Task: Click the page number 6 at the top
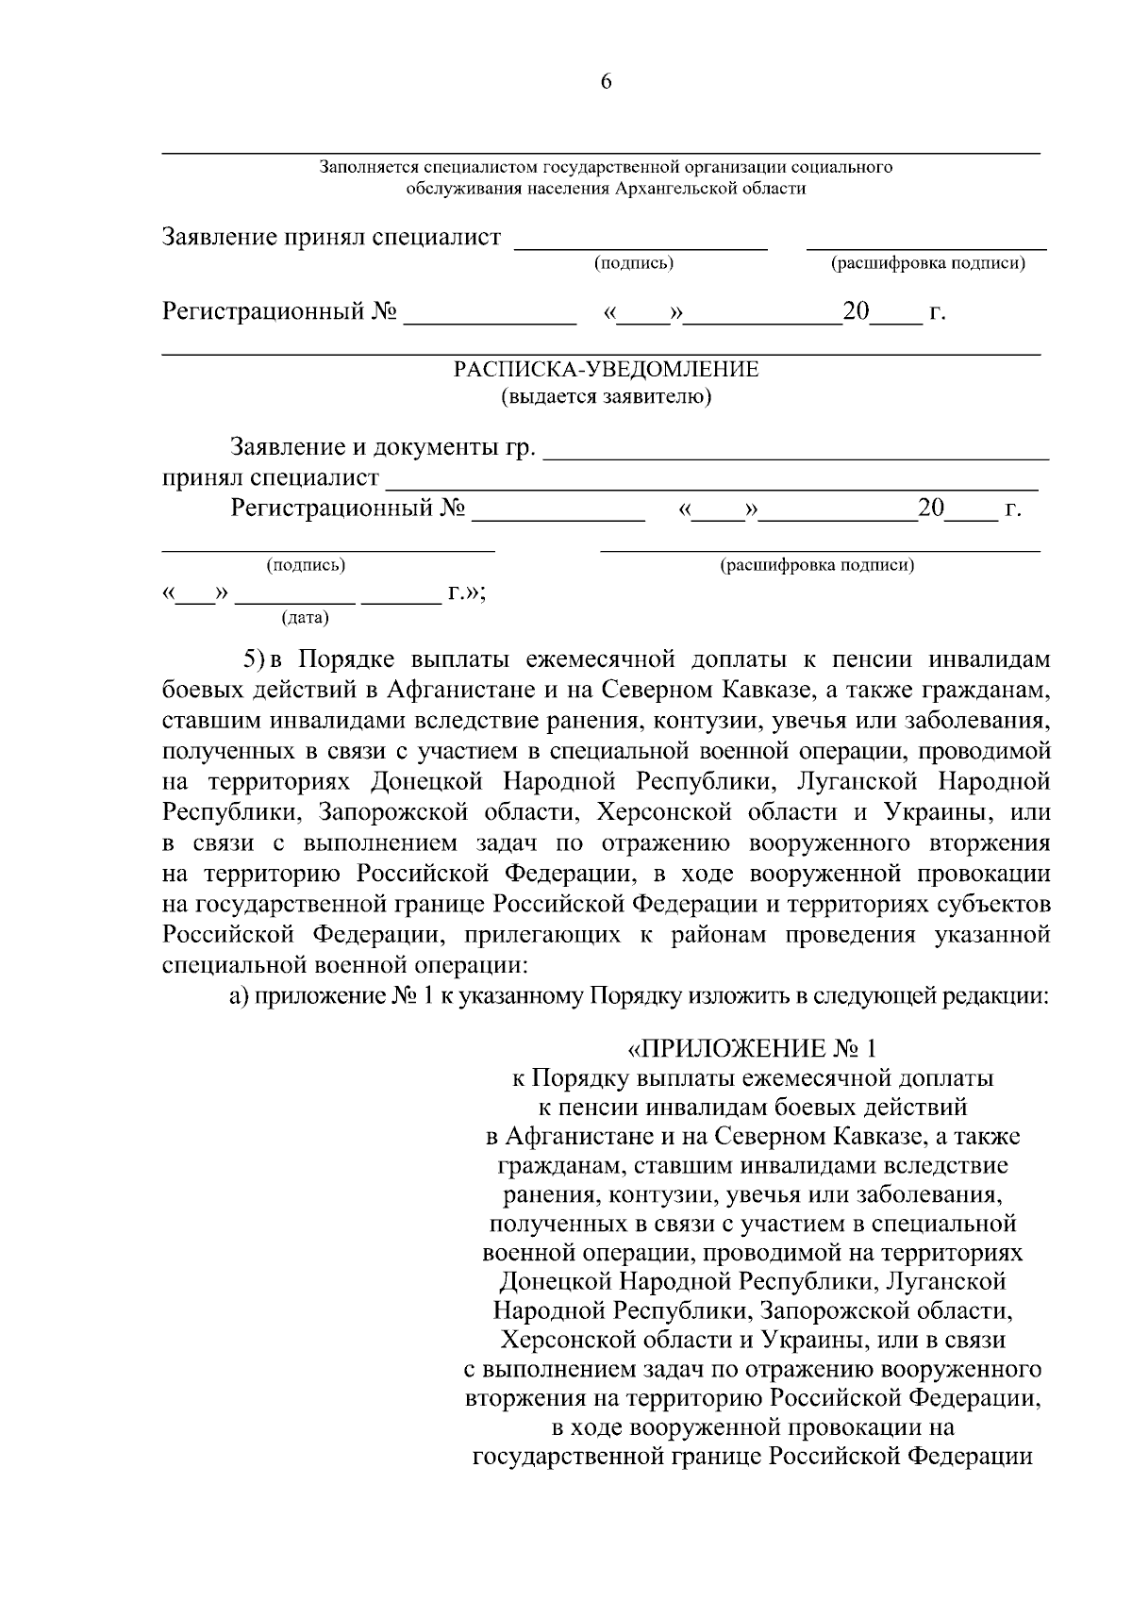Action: click(x=606, y=82)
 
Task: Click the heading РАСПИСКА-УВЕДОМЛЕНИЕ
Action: click(x=606, y=369)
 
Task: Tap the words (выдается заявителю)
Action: click(x=606, y=396)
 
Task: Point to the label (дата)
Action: click(x=305, y=619)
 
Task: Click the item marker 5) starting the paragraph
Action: click(x=256, y=658)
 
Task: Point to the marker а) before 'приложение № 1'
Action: click(x=239, y=997)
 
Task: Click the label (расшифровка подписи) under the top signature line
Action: click(x=926, y=263)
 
